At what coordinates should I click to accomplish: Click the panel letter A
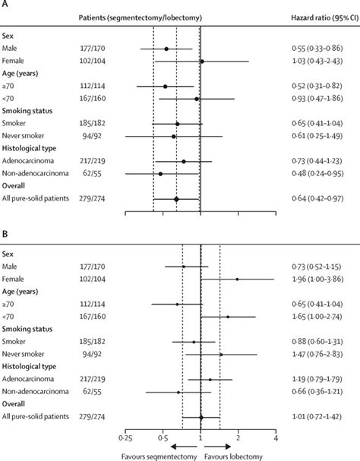[x=5, y=5]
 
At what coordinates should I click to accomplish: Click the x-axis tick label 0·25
[x=125, y=438]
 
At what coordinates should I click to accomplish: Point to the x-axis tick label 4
[x=275, y=438]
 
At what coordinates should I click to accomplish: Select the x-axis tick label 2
[x=238, y=438]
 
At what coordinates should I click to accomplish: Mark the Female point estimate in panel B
[x=237, y=279]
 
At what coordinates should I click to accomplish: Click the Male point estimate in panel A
[x=166, y=49]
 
